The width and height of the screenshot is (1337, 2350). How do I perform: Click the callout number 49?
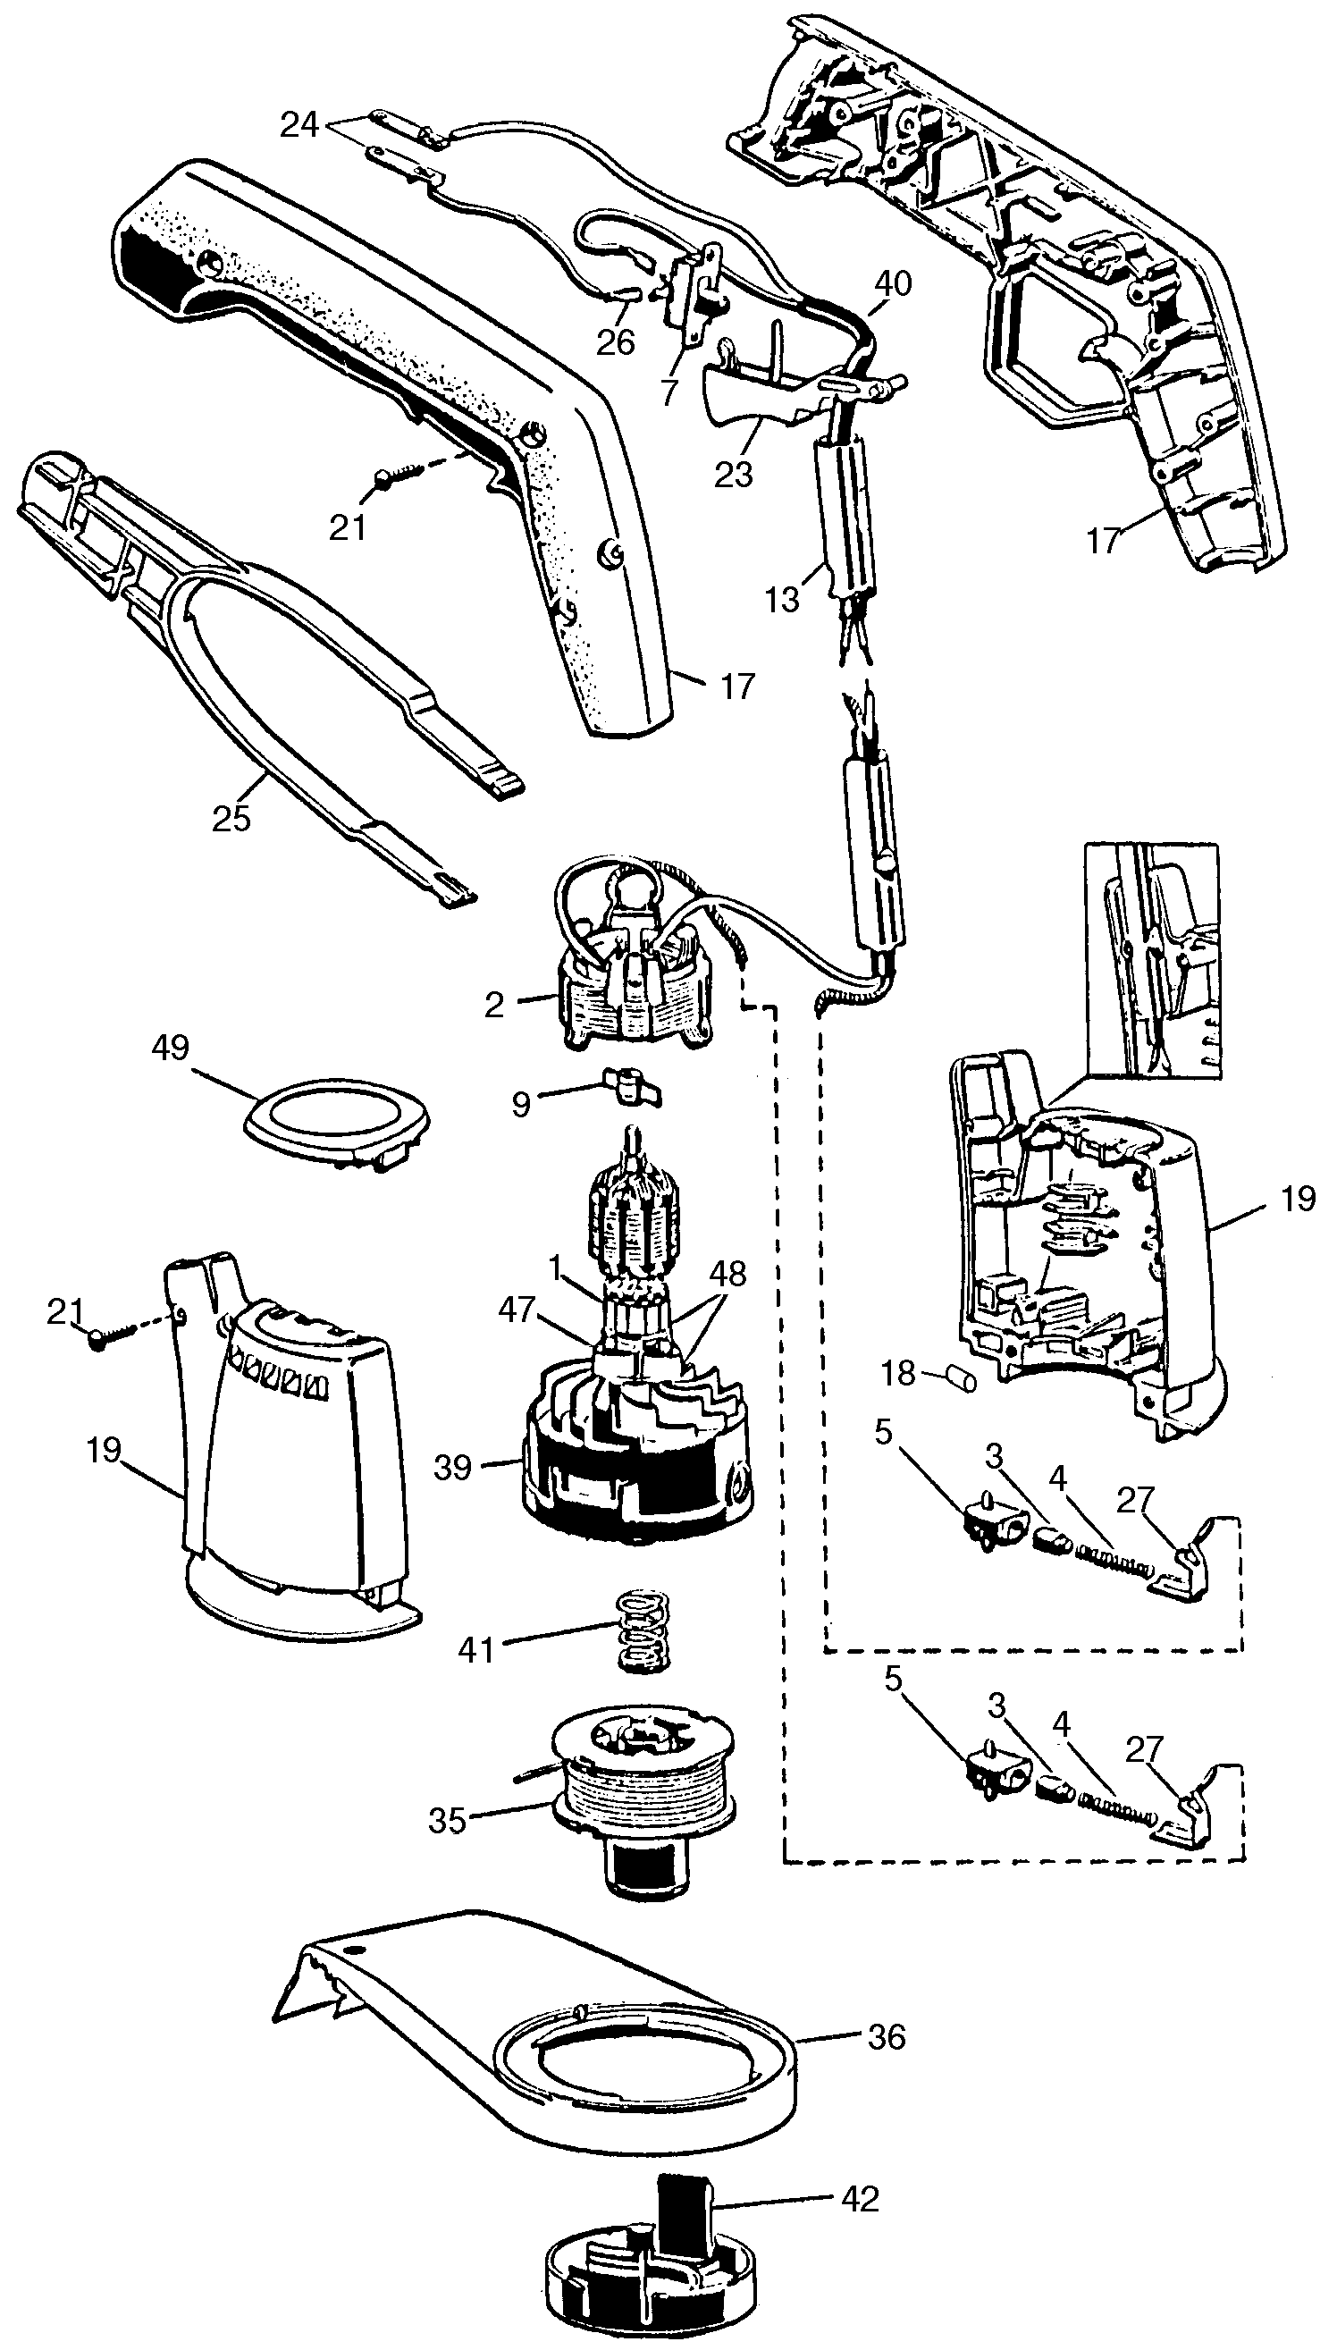coord(170,1048)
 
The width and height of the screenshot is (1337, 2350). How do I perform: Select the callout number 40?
coord(894,283)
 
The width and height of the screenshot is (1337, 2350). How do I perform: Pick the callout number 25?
coord(231,817)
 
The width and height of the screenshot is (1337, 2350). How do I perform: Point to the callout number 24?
coord(299,125)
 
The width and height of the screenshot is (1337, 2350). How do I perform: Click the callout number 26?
coord(615,341)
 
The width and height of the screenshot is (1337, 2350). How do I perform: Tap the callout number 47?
coord(516,1309)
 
